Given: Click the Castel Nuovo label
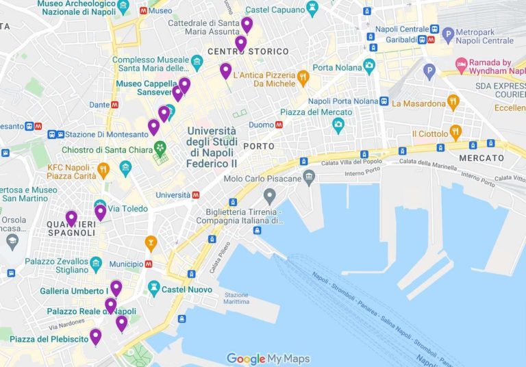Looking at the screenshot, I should click(x=187, y=290).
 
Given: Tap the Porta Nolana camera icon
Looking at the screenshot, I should click(x=370, y=66).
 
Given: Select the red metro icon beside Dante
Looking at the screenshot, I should click(x=114, y=105).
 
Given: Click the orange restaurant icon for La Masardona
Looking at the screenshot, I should click(x=453, y=102).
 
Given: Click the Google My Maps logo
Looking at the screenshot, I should click(x=268, y=359).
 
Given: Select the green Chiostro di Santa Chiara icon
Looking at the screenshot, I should click(x=160, y=147).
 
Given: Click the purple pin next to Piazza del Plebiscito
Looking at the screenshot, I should click(x=95, y=336).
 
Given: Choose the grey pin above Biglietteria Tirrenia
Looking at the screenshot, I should click(x=270, y=197).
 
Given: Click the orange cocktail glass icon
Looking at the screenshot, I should click(x=151, y=242).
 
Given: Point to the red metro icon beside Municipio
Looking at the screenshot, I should click(x=149, y=264).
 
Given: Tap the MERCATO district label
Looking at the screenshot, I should click(x=481, y=158).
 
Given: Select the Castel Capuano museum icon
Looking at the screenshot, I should click(x=313, y=8).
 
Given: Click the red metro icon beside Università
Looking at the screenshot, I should click(x=196, y=195).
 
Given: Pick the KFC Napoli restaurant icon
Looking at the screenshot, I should click(x=103, y=168).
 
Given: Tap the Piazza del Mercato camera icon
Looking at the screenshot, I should click(x=337, y=125).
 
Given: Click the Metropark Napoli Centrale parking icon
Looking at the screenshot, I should click(x=448, y=34).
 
